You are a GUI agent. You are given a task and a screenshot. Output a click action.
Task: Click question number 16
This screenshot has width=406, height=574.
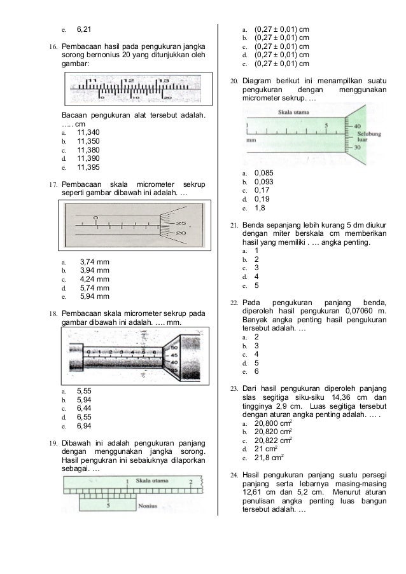[x=54, y=48]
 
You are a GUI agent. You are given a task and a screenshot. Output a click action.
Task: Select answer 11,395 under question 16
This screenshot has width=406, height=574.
[x=88, y=168]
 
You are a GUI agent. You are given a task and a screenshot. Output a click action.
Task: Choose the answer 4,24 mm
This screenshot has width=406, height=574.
[x=94, y=278]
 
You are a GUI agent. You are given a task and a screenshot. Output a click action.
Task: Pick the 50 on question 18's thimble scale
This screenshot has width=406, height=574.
[x=174, y=348]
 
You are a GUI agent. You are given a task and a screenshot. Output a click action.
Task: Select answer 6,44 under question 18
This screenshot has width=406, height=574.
[x=85, y=408]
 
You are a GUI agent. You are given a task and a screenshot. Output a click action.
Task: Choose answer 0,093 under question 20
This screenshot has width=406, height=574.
[x=265, y=181]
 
